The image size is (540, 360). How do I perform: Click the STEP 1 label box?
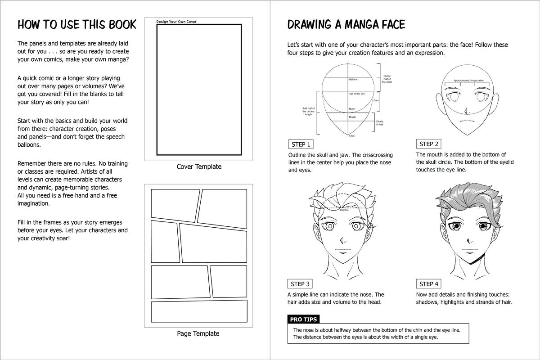pos(301,144)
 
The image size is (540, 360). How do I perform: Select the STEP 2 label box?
pos(428,144)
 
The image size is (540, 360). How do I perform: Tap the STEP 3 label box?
pos(300,284)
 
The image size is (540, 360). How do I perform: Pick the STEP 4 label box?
pos(428,284)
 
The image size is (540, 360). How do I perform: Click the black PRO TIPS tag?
pos(303,319)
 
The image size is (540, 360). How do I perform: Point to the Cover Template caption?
pos(199,166)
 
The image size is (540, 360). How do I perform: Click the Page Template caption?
pos(198,333)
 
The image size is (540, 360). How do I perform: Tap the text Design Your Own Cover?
pos(176,22)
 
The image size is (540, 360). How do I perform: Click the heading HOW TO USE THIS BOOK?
pos(76,25)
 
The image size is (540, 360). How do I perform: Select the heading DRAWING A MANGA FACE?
pos(346,24)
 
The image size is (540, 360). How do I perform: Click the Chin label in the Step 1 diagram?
pos(351,136)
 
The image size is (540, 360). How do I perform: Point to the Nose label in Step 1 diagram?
pos(352,109)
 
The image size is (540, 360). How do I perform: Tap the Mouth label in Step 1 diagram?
pos(352,117)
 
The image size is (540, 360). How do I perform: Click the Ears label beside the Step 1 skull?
pos(376,100)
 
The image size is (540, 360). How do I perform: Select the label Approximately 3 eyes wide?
pos(468,81)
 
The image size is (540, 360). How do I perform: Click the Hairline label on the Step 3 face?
pos(344,210)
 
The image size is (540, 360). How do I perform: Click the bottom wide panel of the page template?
pos(199,311)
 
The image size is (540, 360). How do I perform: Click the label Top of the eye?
pos(357,94)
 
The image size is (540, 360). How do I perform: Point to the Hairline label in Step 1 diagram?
pos(353,80)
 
